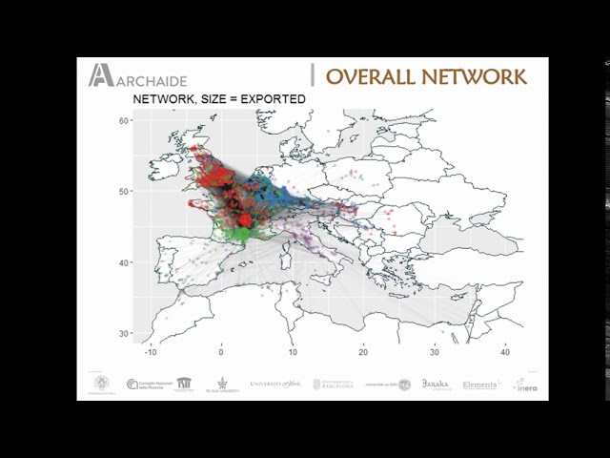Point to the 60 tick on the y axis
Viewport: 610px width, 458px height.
pos(124,120)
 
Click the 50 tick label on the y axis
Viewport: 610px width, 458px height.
pos(124,192)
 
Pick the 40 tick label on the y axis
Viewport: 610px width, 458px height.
pos(124,262)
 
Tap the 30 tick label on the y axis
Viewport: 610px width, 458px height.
pos(124,333)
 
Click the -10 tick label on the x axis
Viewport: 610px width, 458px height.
pos(150,351)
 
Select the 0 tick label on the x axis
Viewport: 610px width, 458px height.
pos(221,351)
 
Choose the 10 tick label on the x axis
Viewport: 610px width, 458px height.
pos(293,351)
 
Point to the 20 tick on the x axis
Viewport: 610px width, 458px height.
pos(363,351)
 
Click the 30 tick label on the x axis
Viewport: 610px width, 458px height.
pos(435,351)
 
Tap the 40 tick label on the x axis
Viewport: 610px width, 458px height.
pos(505,351)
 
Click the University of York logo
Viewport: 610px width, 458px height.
pos(275,384)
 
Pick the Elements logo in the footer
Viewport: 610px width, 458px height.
pos(480,385)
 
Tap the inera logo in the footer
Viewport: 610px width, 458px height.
pos(524,385)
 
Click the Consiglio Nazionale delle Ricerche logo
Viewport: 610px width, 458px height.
pos(147,384)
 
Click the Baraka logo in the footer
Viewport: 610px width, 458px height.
pos(436,384)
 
